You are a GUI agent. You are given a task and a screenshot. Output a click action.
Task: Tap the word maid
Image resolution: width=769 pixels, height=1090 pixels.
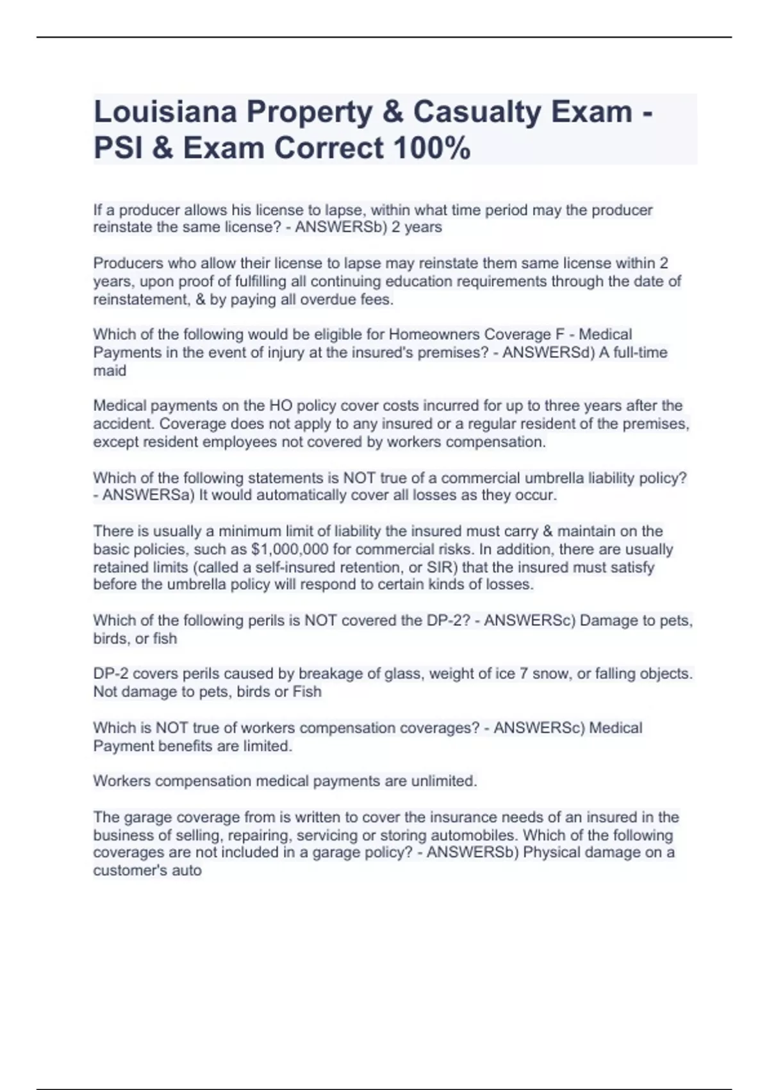click(x=110, y=371)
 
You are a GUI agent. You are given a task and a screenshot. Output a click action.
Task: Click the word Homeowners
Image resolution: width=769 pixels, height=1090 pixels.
click(x=434, y=335)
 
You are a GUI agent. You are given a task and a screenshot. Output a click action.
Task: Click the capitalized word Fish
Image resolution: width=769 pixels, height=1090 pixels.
click(x=306, y=692)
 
